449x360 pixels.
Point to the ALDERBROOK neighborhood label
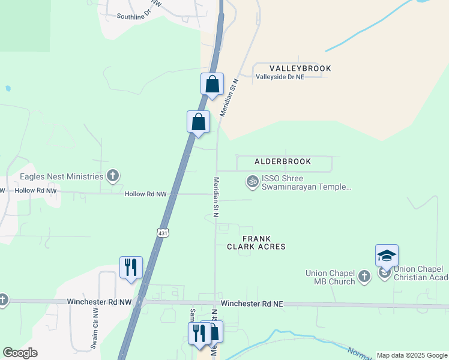click(x=283, y=161)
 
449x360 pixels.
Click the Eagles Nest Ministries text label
click(x=62, y=176)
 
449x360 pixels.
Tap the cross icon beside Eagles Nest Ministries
click(x=112, y=176)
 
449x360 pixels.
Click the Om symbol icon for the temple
click(x=253, y=180)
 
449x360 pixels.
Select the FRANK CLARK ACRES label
click(x=256, y=242)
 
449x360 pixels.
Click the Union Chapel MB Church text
click(x=330, y=277)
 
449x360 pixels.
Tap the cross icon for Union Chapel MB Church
click(x=364, y=276)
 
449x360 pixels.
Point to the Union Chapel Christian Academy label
click(x=420, y=273)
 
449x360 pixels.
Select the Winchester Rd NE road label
click(x=251, y=304)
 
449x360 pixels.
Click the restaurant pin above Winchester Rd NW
click(x=131, y=268)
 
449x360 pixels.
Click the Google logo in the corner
click(x=20, y=353)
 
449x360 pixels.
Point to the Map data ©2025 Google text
click(x=412, y=355)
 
